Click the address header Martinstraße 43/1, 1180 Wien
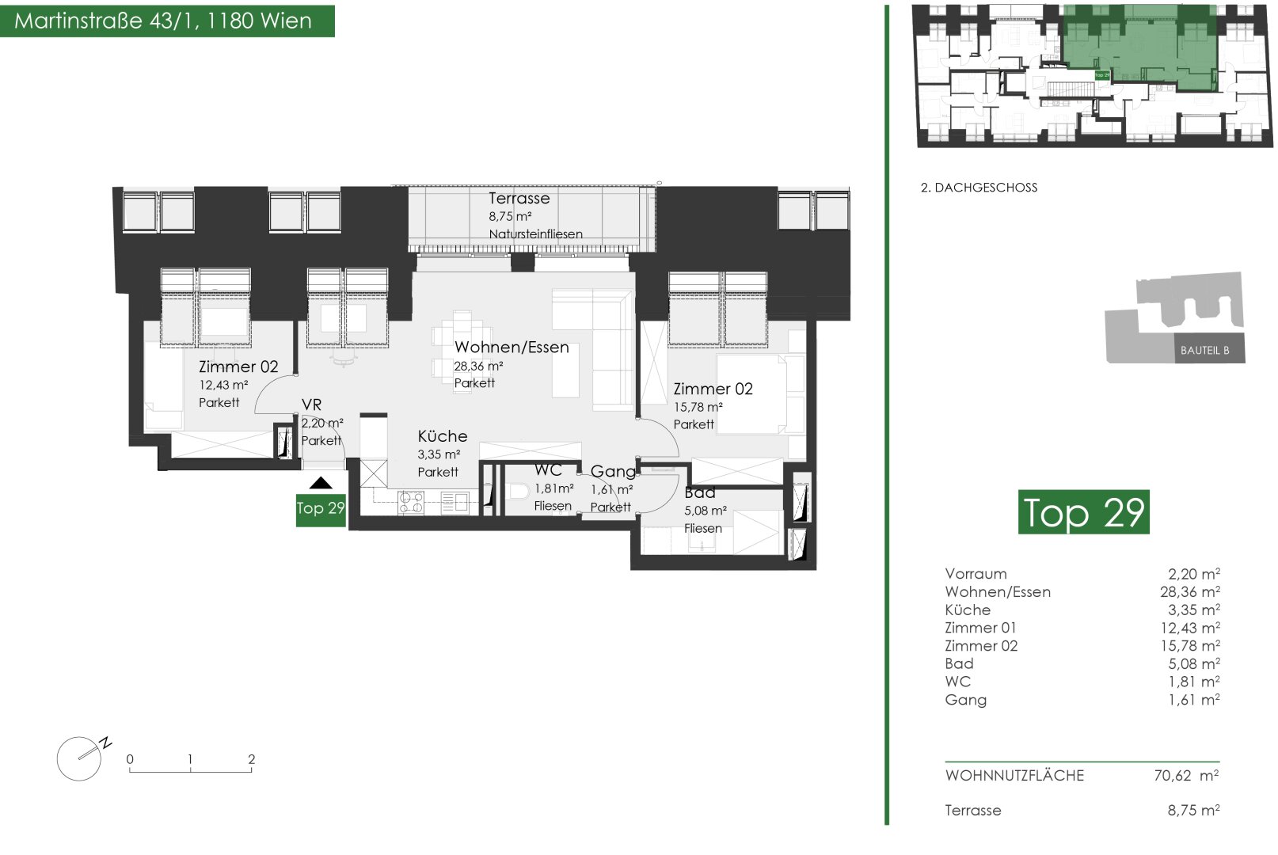pos(163,21)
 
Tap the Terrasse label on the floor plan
pos(519,199)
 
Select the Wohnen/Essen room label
pos(512,348)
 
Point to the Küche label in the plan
pos(442,436)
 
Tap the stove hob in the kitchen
pos(411,503)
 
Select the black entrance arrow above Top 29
pos(321,483)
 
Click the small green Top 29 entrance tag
pos(321,509)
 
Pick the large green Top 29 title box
pos(1083,511)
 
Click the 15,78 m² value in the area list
pos(1193,645)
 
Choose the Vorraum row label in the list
pos(976,574)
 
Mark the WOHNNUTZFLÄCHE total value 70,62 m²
pos(1186,775)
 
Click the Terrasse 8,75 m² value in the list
pos(1193,810)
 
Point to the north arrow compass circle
pos(78,758)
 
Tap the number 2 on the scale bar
pos(252,759)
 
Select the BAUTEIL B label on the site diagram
pos(1204,350)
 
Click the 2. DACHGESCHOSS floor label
pos(979,188)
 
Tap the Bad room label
pos(699,492)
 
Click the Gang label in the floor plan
pos(613,472)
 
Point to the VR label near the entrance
pos(311,405)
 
